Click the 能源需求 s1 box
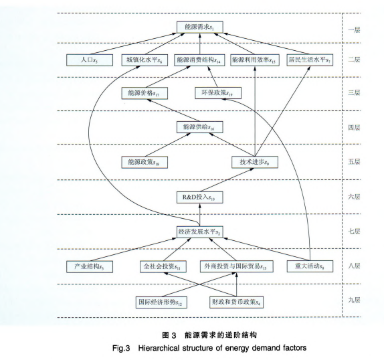pyautogui.click(x=200, y=27)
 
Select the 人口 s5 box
pyautogui.click(x=90, y=60)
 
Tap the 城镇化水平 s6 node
pyautogui.click(x=145, y=60)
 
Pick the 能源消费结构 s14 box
pyautogui.click(x=200, y=60)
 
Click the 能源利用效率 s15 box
pyautogui.click(x=255, y=60)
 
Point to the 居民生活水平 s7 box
pyautogui.click(x=310, y=60)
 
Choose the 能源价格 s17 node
pyautogui.click(x=145, y=93)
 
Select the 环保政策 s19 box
pyautogui.click(x=218, y=93)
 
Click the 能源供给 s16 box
pyautogui.click(x=200, y=127)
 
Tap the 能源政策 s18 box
pyautogui.click(x=145, y=162)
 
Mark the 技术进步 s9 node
pyautogui.click(x=255, y=162)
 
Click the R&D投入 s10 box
pyautogui.click(x=200, y=197)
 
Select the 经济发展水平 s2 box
pyautogui.click(x=200, y=232)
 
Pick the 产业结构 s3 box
pyautogui.click(x=90, y=266)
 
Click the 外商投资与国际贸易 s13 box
pyautogui.click(x=236, y=266)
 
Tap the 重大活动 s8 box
pyautogui.click(x=310, y=266)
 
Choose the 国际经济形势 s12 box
pyautogui.click(x=161, y=302)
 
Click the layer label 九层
pyautogui.click(x=354, y=300)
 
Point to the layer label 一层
pyautogui.click(x=354, y=30)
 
